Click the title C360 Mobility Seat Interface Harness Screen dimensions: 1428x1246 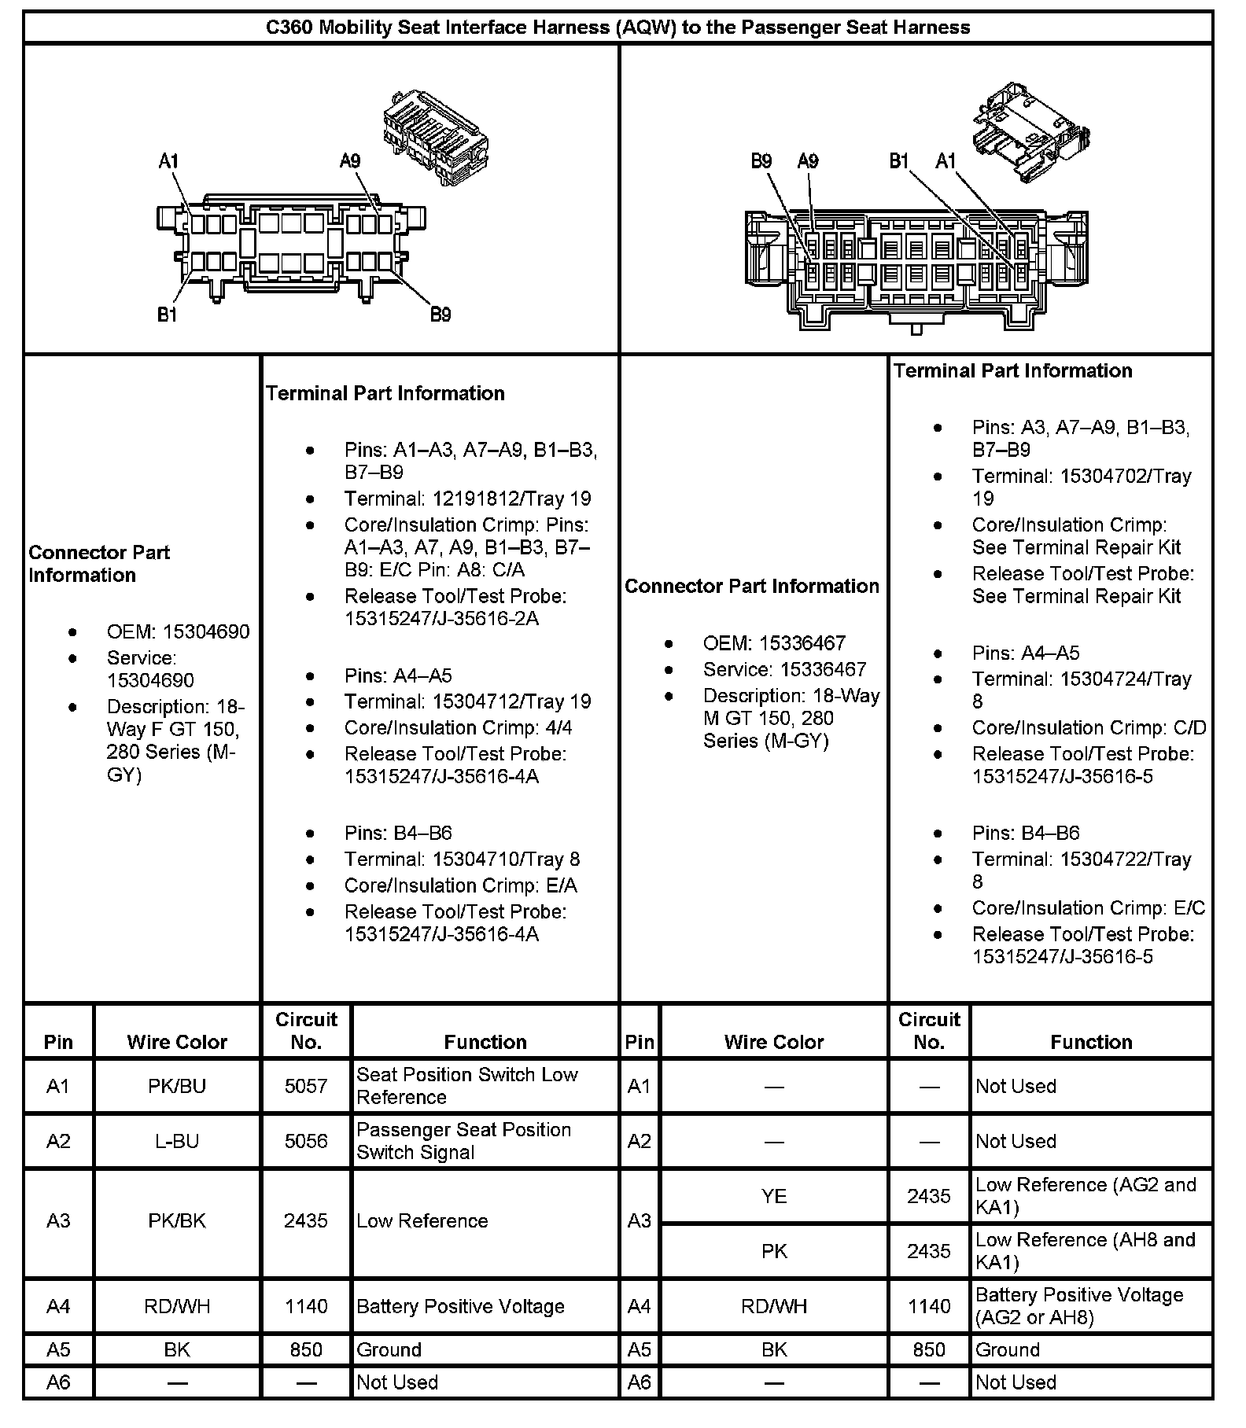617,28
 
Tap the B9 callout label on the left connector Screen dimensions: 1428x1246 441,315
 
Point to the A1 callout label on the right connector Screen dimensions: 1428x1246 946,161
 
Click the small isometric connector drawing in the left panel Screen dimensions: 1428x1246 435,137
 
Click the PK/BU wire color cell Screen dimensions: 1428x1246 177,1086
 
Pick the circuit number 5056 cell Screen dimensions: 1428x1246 306,1141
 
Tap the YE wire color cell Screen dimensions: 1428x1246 774,1196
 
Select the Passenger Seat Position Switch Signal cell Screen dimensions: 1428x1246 463,1141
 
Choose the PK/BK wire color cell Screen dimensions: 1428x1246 177,1220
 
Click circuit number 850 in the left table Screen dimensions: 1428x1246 306,1350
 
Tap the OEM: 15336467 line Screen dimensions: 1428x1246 774,643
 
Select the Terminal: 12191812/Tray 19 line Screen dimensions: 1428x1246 467,499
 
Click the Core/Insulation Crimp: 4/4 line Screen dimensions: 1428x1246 458,727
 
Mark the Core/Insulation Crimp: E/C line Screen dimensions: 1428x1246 1088,908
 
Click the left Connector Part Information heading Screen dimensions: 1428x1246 99,564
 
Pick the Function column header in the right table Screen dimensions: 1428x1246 1091,1042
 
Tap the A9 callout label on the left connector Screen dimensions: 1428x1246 350,161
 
